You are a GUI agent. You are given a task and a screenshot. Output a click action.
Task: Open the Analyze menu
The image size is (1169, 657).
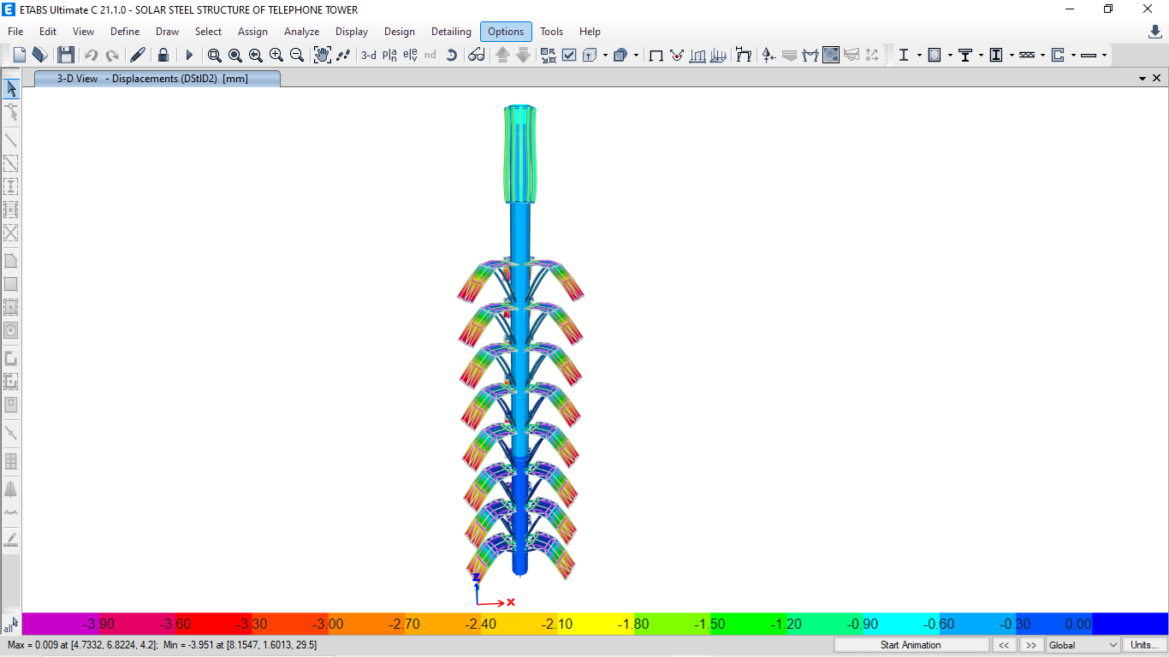(x=301, y=32)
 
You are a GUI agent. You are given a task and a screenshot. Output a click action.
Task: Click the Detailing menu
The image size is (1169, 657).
(x=451, y=32)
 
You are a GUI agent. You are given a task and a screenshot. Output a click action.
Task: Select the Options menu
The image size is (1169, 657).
(x=506, y=32)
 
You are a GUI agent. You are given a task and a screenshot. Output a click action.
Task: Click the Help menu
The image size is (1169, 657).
(x=590, y=32)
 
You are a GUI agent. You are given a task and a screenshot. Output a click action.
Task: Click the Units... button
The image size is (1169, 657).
(x=1144, y=645)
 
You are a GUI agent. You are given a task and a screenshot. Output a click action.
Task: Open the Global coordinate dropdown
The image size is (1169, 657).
(x=1083, y=645)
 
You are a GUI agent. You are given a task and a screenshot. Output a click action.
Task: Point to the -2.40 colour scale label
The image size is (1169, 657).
(x=481, y=624)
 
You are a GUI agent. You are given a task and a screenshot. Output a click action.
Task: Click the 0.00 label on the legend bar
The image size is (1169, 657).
(x=1077, y=624)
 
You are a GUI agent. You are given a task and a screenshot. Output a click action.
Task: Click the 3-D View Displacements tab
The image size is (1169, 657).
(x=157, y=79)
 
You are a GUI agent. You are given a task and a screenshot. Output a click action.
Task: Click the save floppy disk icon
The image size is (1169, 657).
(x=66, y=55)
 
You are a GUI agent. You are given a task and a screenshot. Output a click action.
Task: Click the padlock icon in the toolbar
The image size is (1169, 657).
(x=163, y=55)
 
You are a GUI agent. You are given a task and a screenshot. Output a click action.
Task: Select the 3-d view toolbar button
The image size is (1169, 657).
(x=368, y=55)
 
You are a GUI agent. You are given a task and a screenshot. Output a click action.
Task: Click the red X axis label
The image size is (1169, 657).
(x=511, y=602)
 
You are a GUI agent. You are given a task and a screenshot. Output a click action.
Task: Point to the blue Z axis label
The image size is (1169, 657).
(x=476, y=577)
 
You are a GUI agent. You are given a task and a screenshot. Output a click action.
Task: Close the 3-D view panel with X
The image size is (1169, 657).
(x=1156, y=78)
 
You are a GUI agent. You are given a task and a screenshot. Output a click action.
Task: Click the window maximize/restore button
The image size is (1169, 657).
(x=1108, y=9)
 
